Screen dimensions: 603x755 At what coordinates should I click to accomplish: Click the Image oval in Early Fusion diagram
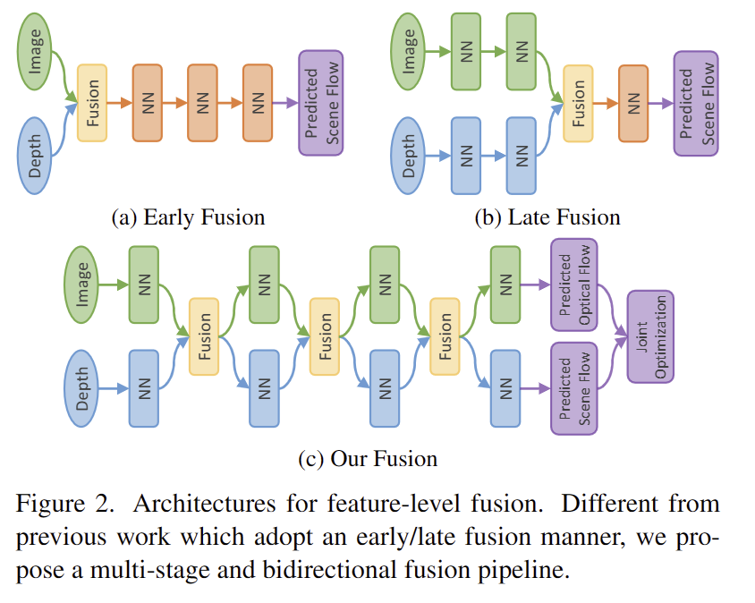(x=36, y=52)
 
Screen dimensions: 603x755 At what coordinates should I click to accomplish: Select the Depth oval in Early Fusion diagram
(x=36, y=154)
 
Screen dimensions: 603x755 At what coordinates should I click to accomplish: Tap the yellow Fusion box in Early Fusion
(x=92, y=103)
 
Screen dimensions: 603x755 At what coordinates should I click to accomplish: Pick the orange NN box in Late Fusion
(x=632, y=103)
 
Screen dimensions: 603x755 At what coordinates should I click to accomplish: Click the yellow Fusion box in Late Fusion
(x=578, y=103)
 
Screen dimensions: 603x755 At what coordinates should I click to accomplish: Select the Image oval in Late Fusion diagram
(x=411, y=51)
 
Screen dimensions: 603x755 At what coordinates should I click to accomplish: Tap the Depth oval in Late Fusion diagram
(x=411, y=154)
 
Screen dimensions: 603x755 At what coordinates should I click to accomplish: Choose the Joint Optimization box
(x=650, y=336)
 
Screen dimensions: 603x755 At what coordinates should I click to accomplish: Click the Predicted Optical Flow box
(x=574, y=285)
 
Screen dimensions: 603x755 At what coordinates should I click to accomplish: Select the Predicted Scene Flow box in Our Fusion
(x=574, y=388)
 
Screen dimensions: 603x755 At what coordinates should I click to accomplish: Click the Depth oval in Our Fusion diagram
(x=83, y=387)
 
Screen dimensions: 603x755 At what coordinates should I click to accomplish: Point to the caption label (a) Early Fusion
(x=187, y=217)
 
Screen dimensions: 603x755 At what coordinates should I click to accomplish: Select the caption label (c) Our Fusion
(x=368, y=460)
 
